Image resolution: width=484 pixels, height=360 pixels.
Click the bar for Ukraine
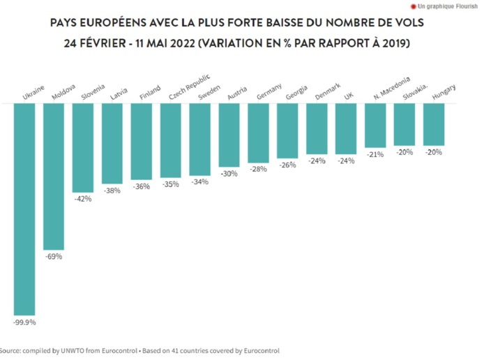24,209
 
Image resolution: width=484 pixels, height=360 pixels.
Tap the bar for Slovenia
83,147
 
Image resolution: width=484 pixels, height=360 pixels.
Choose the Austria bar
229,135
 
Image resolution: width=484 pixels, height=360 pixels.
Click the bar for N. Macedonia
375,126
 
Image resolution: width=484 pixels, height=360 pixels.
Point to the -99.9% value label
24,322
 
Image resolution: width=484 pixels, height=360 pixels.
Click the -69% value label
54,257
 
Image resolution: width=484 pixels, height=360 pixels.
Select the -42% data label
83,198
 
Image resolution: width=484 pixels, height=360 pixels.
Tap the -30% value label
229,174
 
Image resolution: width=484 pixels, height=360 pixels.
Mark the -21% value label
375,154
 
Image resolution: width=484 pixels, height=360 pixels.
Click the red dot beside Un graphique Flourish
414,6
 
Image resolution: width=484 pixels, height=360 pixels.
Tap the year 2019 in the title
393,43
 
